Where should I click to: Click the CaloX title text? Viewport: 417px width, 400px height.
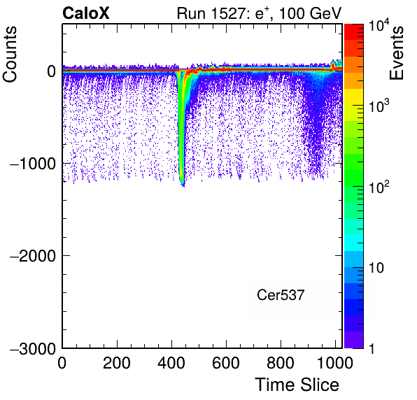[x=86, y=13]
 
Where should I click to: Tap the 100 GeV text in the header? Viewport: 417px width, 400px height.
[x=310, y=13]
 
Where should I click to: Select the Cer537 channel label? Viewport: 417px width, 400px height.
[x=281, y=295]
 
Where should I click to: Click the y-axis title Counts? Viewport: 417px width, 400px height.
[x=10, y=55]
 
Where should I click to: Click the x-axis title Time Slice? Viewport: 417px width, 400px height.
[x=297, y=385]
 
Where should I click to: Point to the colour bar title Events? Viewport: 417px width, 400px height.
[x=396, y=53]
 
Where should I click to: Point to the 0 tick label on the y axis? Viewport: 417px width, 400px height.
[x=51, y=71]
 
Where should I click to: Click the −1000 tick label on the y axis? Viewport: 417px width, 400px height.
[x=33, y=164]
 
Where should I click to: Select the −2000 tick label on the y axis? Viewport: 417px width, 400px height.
[x=33, y=256]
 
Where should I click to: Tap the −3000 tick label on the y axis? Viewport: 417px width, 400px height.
[x=33, y=349]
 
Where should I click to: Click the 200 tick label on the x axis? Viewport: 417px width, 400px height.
[x=117, y=363]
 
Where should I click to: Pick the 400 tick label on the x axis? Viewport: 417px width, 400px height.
[x=171, y=363]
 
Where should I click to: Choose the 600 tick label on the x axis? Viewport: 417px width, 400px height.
[x=226, y=363]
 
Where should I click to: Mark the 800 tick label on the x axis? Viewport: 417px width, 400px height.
[x=281, y=363]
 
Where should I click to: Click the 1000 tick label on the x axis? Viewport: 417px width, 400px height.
[x=335, y=363]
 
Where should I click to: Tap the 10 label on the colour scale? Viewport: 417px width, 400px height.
[x=376, y=268]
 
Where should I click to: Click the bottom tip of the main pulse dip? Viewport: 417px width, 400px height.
[x=183, y=187]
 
